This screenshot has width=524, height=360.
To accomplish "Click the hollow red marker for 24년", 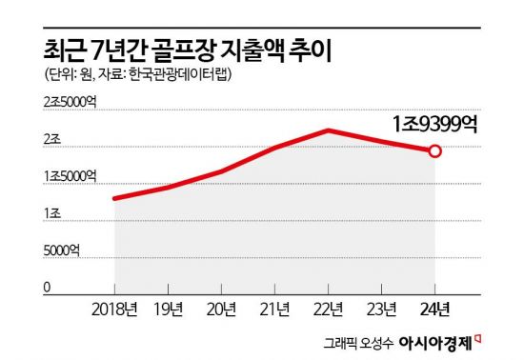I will coord(435,151).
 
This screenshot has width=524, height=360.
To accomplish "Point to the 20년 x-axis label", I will coord(221,309).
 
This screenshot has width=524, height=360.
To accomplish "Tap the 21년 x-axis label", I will coord(274,309).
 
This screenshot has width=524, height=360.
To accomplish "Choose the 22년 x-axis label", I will coord(328,309).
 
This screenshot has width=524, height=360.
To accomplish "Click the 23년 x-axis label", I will coord(381,309).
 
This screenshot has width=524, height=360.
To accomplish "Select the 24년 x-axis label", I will coord(435,309).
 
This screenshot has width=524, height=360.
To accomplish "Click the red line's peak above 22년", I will coord(328,130).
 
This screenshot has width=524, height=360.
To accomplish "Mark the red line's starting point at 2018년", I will coord(114,198).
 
